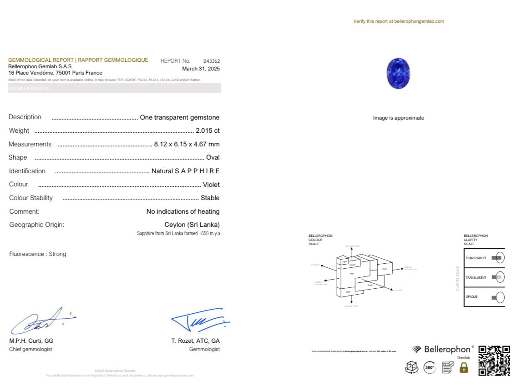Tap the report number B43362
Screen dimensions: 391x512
[x=211, y=61]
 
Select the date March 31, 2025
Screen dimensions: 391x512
[x=201, y=69]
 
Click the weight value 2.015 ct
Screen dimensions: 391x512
[x=208, y=130]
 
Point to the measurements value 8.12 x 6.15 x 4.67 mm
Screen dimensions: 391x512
[x=187, y=144]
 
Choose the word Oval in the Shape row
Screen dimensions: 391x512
[x=213, y=157]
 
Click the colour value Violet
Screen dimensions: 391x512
[x=211, y=185]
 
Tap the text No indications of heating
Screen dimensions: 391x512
[x=183, y=211]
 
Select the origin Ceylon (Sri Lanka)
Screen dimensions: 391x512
[x=192, y=225]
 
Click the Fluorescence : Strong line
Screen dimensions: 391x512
[x=38, y=254]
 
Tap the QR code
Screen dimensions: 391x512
[x=494, y=361]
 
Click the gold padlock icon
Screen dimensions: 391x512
[x=464, y=367]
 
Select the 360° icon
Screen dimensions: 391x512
[x=430, y=367]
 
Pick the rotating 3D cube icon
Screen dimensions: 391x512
[x=411, y=367]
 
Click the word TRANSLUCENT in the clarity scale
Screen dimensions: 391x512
[x=476, y=277]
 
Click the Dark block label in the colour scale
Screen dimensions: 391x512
[x=348, y=291]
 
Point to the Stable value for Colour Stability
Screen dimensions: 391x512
[x=210, y=198]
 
